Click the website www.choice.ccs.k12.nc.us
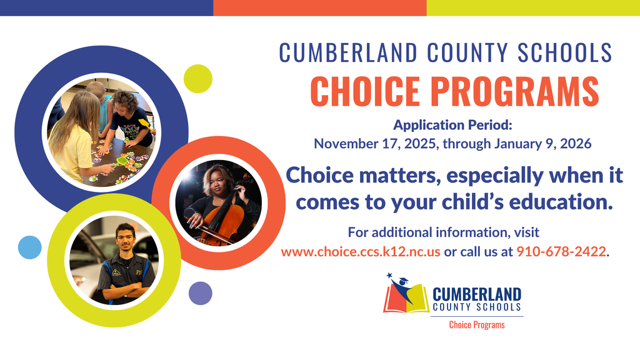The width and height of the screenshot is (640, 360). (x=361, y=252)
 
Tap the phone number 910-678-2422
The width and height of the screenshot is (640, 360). (x=561, y=252)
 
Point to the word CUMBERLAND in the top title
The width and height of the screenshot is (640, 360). (x=347, y=52)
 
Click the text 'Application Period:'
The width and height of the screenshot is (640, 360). (x=453, y=125)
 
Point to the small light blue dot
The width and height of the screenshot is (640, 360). (x=30, y=247)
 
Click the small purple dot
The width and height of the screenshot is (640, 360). (x=200, y=292)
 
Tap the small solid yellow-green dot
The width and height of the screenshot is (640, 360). (x=198, y=77)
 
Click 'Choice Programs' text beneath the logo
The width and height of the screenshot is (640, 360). (x=476, y=325)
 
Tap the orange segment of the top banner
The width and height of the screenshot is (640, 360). (x=319, y=7)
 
